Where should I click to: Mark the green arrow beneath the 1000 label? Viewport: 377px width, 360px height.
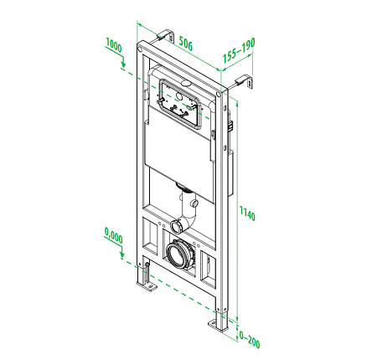123,63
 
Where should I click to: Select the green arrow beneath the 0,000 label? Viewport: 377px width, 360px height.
122,254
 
